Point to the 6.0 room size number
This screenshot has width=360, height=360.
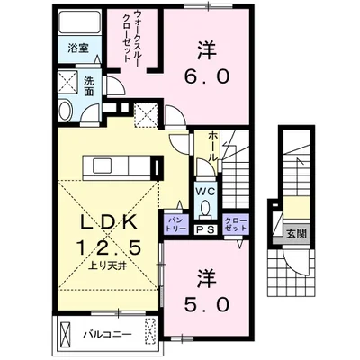point(208,77)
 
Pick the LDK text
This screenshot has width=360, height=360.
point(106,221)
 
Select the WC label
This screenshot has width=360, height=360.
point(205,191)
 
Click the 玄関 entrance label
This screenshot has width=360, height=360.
point(297,235)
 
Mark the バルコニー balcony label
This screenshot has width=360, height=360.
point(109,333)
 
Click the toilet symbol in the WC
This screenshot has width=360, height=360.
point(205,209)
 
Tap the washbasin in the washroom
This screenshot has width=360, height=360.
point(67,110)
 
